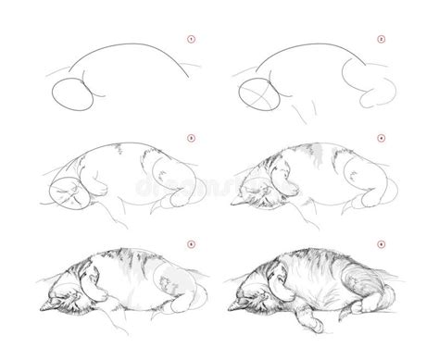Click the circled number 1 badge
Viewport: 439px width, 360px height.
point(192,39)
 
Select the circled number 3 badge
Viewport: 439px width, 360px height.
point(192,139)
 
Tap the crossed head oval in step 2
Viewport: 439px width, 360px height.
point(256,94)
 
